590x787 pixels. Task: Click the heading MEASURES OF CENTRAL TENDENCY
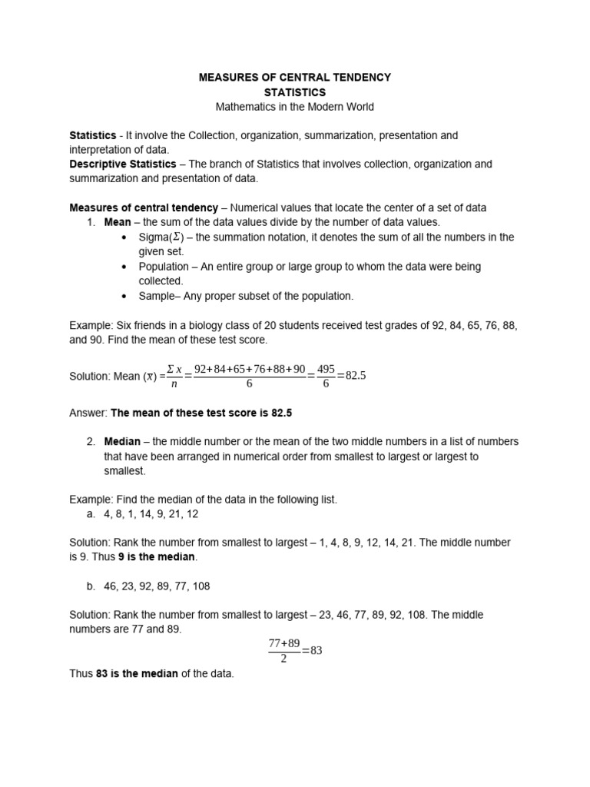(295, 78)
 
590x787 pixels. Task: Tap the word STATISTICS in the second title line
(295, 92)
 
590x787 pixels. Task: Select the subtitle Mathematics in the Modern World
(295, 107)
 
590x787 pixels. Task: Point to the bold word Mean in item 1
(118, 223)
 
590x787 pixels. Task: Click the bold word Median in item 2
(122, 442)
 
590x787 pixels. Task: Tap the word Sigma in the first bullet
(154, 237)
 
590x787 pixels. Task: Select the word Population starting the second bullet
(164, 267)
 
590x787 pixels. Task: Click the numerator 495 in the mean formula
(326, 369)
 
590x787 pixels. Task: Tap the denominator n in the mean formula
(174, 384)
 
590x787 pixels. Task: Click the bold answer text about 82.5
(201, 413)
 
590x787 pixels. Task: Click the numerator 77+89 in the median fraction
(283, 643)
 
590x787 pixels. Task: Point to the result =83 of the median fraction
(312, 650)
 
